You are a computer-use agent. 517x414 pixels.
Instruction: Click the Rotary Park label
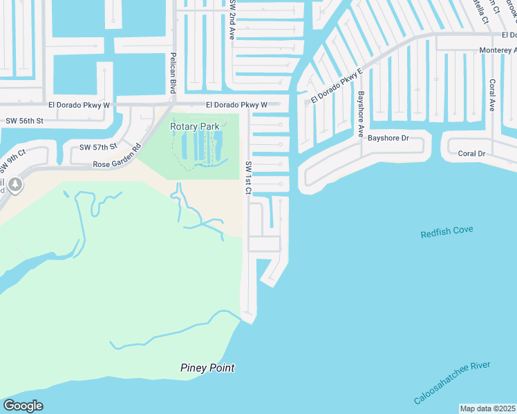[x=195, y=126]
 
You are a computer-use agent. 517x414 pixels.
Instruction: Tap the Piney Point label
[x=207, y=368]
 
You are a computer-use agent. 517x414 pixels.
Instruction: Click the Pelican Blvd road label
[x=172, y=70]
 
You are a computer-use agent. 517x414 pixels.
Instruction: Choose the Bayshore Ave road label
[x=360, y=114]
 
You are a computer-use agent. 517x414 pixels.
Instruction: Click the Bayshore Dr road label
[x=388, y=138]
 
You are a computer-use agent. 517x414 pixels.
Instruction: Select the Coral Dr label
[x=471, y=153]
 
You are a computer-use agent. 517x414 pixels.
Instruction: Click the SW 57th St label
[x=99, y=148]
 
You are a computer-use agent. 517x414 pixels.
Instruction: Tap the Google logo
[x=23, y=406]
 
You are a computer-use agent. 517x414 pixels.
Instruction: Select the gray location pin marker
[x=15, y=185]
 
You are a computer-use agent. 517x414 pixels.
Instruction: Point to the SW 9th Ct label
[x=12, y=162]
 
